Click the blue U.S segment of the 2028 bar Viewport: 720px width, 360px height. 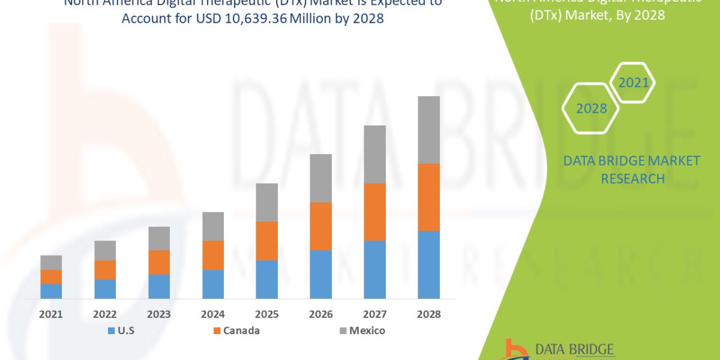[x=428, y=265]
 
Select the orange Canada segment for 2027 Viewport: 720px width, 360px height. [x=374, y=212]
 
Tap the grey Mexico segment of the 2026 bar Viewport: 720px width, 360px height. [x=320, y=178]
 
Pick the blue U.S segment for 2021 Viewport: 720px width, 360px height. [x=51, y=291]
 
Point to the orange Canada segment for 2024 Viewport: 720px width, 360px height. [x=213, y=255]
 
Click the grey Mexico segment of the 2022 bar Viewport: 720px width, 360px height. [x=105, y=250]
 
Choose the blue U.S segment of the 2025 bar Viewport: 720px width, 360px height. [x=266, y=279]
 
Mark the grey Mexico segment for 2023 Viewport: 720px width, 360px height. [x=159, y=238]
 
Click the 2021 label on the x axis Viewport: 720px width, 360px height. [x=51, y=314]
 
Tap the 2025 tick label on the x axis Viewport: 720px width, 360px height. [x=266, y=314]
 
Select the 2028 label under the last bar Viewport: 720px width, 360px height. [x=428, y=314]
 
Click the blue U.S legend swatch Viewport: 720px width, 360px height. [x=111, y=331]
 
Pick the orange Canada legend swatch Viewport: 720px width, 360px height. [x=216, y=331]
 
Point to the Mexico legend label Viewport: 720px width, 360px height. [x=367, y=331]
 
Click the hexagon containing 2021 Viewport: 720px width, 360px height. [x=633, y=83]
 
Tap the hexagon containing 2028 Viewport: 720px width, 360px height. [x=591, y=109]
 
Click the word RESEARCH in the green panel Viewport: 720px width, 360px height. [x=632, y=179]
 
